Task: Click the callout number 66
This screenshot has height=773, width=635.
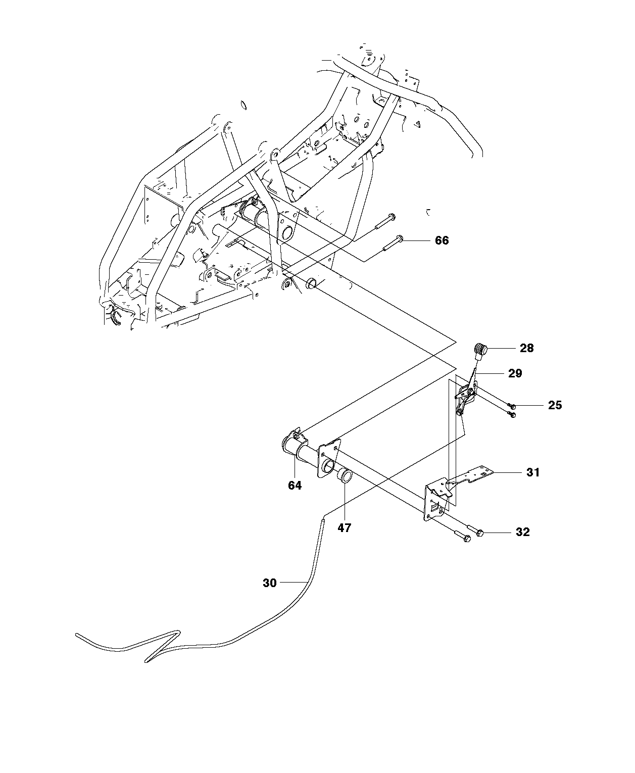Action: coord(442,240)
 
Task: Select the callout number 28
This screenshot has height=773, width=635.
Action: coord(526,348)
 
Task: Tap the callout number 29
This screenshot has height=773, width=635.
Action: coord(515,373)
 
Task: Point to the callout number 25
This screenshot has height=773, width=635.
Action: coord(555,405)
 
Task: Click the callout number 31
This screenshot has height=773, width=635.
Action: coord(533,472)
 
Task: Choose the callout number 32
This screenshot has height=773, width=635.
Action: coord(522,532)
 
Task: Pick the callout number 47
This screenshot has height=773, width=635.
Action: coord(345,528)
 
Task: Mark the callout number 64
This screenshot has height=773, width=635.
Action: coord(295,486)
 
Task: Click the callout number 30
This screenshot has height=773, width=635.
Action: coord(270,583)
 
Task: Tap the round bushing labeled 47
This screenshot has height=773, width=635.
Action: coord(345,476)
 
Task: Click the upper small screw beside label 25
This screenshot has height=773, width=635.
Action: coord(512,406)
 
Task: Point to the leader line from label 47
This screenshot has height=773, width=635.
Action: coord(345,503)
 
